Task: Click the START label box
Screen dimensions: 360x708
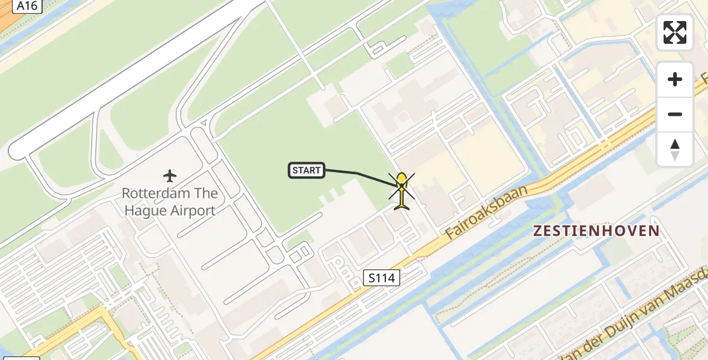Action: (307, 170)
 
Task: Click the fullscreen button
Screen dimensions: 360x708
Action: (675, 32)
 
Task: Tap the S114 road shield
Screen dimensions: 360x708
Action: (382, 277)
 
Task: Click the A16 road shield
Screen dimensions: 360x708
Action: (26, 6)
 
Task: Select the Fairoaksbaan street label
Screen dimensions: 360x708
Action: (487, 212)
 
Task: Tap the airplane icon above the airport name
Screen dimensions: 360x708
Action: (170, 176)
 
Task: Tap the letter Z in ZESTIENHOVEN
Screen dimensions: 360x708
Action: (538, 231)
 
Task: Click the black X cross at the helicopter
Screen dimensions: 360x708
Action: (401, 186)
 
